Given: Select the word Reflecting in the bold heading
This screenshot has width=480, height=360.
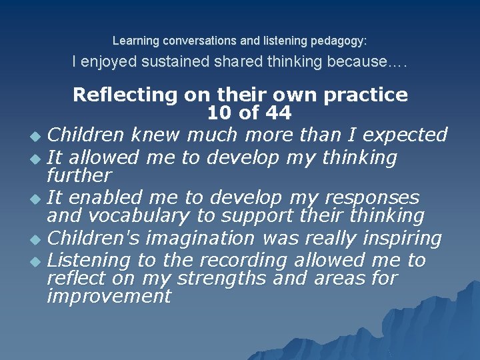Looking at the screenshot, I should tap(125, 95).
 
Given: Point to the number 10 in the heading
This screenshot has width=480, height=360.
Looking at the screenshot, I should tap(221, 113).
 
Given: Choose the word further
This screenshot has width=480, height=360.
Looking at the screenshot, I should tap(79, 176).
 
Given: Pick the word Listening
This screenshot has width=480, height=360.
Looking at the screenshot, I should tap(91, 260).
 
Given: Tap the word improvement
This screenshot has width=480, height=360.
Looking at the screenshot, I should tap(109, 296).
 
